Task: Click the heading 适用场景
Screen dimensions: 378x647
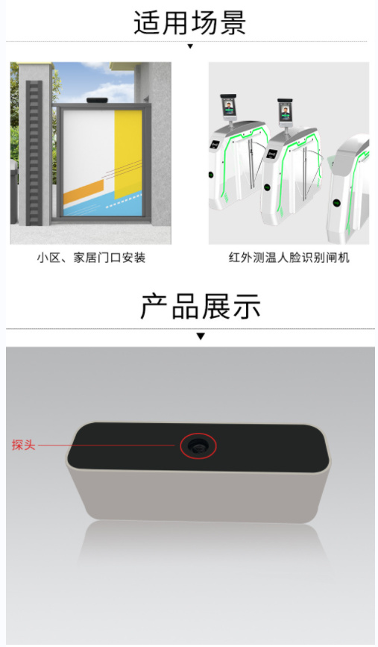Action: pyautogui.click(x=189, y=22)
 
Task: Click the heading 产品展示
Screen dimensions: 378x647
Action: pyautogui.click(x=201, y=307)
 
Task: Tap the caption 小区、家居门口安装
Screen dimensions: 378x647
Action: pyautogui.click(x=91, y=258)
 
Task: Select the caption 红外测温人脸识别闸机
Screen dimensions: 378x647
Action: pyautogui.click(x=289, y=258)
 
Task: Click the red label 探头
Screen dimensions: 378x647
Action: pyautogui.click(x=24, y=446)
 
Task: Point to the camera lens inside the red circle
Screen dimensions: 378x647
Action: pyautogui.click(x=198, y=446)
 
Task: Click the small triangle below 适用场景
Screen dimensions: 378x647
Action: pyautogui.click(x=190, y=46)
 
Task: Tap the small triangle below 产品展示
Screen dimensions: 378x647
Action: pyautogui.click(x=201, y=337)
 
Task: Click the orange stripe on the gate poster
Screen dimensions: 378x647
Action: pyautogui.click(x=84, y=193)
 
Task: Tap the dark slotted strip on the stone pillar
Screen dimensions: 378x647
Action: pyautogui.click(x=34, y=153)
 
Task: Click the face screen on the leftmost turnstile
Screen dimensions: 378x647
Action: pyautogui.click(x=228, y=109)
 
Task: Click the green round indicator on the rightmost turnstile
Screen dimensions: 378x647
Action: pyautogui.click(x=337, y=202)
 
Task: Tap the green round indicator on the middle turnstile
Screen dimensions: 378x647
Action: pyautogui.click(x=267, y=187)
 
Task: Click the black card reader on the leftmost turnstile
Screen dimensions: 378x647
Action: pyautogui.click(x=215, y=145)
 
